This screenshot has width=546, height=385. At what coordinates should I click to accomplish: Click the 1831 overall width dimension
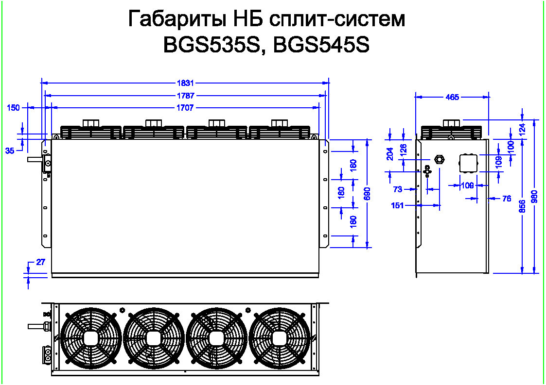pos(185,83)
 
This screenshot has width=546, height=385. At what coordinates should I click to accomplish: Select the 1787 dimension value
pos(185,96)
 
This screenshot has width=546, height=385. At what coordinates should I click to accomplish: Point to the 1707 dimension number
pos(185,107)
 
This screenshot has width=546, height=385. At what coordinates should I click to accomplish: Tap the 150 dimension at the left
pos(14,108)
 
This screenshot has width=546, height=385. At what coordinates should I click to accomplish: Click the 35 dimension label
pos(10,151)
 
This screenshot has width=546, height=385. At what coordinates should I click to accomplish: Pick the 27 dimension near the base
pos(40,262)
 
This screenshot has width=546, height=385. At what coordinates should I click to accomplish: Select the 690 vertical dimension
pos(367,193)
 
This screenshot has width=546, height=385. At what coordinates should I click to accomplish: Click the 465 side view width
pos(452,97)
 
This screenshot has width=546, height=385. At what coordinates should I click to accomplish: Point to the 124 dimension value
pos(522,129)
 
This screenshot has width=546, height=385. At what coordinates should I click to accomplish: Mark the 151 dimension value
pos(397,205)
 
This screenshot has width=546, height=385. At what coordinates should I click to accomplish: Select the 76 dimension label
pos(506,198)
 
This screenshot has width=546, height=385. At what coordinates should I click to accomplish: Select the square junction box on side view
pos(469,163)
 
